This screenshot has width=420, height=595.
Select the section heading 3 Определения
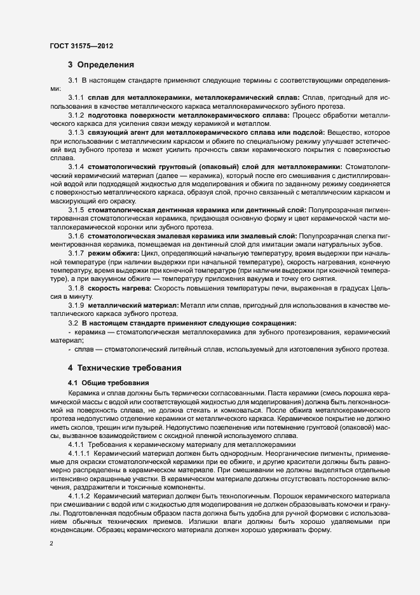pos(100,64)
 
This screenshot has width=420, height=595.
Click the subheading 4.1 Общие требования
pos(108,383)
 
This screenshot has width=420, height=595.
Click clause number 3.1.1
pos(76,98)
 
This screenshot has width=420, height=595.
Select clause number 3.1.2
pos(76,115)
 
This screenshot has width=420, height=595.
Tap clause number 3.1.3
pos(76,132)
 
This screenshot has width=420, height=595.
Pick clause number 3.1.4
pos(76,166)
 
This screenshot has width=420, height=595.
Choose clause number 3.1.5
pos(76,209)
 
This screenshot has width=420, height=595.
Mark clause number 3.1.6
pos(76,235)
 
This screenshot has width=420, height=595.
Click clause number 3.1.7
pos(76,253)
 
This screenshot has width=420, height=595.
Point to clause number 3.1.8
pos(76,287)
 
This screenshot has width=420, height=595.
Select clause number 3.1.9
pos(76,305)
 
